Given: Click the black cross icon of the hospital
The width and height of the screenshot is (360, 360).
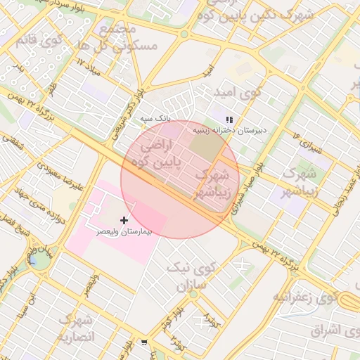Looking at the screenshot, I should [x=124, y=220].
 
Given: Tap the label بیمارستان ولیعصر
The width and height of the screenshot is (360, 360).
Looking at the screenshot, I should [x=124, y=231].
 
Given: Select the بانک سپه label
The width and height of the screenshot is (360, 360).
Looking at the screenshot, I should [x=155, y=119].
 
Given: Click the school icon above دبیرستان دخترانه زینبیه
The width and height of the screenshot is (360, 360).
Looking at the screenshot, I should [x=229, y=119].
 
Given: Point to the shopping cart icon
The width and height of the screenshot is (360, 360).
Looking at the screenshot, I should [x=144, y=343].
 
